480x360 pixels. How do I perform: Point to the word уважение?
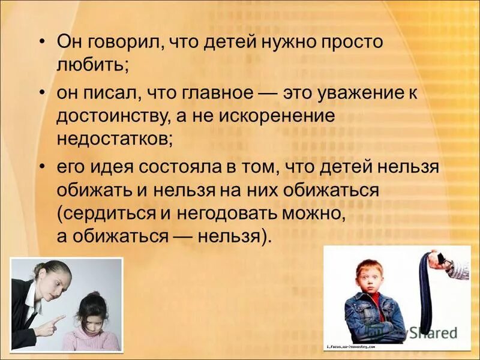pyautogui.click(x=354, y=94)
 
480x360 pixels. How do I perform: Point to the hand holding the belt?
pyautogui.click(x=456, y=264)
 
